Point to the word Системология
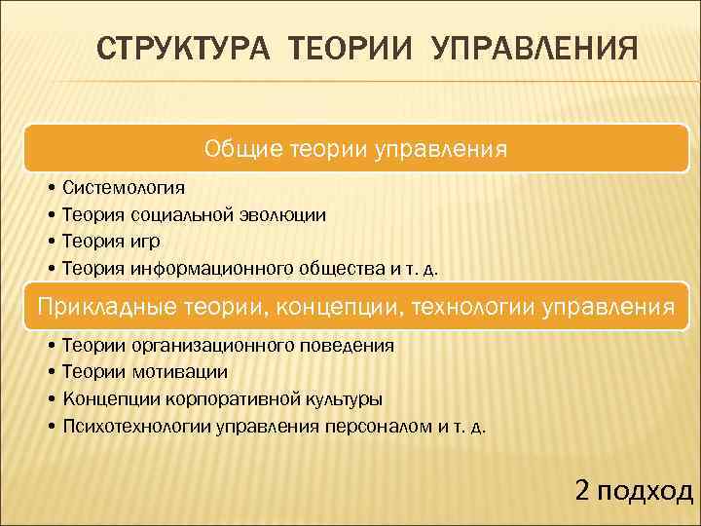coord(123,186)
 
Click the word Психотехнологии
coord(130,426)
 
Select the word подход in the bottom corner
coord(645,490)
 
